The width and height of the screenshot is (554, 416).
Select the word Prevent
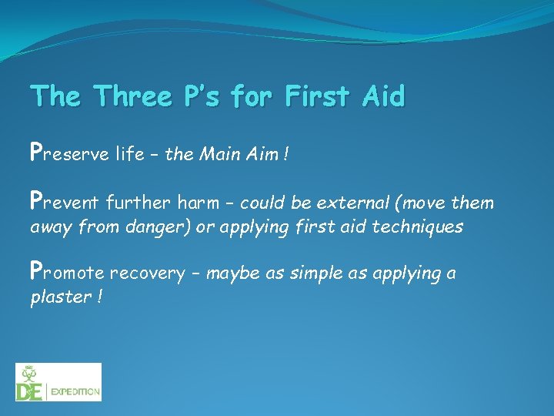[x=65, y=203]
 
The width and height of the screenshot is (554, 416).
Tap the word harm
[x=199, y=203]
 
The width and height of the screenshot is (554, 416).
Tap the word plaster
[x=58, y=298]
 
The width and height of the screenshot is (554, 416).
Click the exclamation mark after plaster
[x=100, y=297]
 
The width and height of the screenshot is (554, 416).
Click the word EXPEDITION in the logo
[x=75, y=392]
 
